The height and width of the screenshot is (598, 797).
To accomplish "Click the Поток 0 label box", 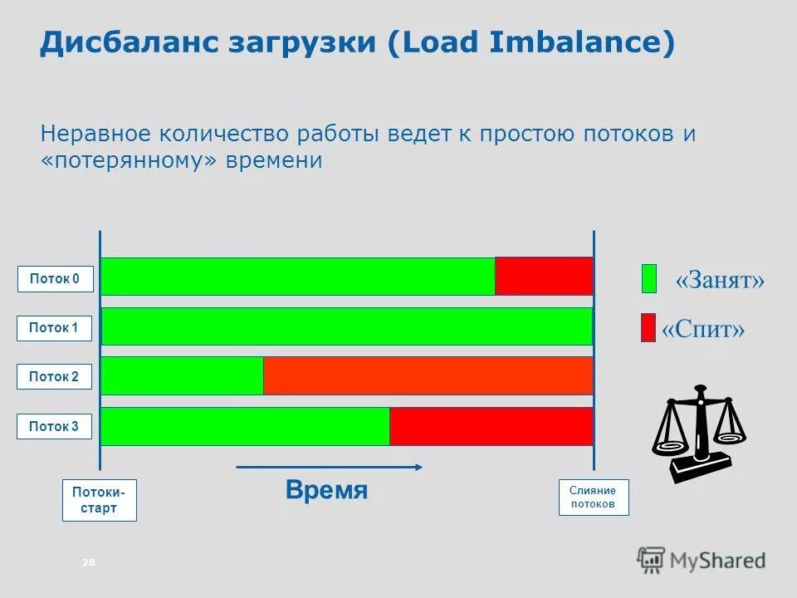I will [x=55, y=279].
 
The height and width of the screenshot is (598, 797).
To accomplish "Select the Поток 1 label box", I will [x=55, y=328].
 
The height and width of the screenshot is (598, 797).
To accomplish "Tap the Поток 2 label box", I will [x=55, y=377].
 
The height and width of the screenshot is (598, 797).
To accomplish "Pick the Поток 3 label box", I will [x=55, y=426].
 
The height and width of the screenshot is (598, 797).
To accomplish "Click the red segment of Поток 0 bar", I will [x=544, y=276].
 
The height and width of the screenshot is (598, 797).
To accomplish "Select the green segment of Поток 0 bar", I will [x=298, y=276].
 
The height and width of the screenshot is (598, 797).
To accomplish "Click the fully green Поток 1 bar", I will [x=347, y=326].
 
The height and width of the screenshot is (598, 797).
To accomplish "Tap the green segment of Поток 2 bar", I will [x=182, y=375].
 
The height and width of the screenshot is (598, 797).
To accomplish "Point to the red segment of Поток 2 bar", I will [x=428, y=375].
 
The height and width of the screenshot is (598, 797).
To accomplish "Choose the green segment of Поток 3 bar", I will [x=245, y=426].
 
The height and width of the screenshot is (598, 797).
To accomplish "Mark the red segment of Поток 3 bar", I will [x=491, y=426].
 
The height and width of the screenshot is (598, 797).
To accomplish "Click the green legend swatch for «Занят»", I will [x=648, y=278].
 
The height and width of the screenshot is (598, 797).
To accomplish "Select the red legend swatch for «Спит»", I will [x=648, y=327].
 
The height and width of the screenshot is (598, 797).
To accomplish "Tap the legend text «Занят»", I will [x=720, y=280].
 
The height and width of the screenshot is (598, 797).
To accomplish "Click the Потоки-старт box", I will [x=99, y=500].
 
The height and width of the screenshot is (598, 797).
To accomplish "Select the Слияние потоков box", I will [x=593, y=498].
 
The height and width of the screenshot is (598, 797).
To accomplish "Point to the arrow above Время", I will [x=330, y=468].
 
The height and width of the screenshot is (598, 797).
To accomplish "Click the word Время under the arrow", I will [x=326, y=490].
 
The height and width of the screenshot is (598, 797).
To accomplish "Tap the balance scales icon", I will [x=698, y=432].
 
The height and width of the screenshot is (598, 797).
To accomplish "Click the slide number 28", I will [x=89, y=563].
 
